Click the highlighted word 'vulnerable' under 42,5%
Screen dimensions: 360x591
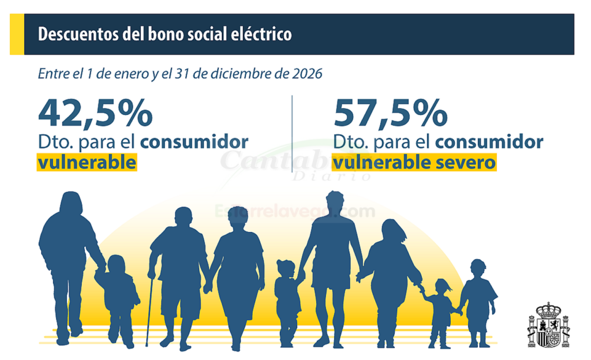point(87,163)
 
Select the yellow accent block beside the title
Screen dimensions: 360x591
point(17,34)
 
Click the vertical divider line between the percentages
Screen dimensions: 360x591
point(292,133)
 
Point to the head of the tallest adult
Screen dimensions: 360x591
point(334,202)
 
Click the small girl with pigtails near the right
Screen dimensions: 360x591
point(442,312)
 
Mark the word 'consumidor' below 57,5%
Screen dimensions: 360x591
point(489,142)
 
